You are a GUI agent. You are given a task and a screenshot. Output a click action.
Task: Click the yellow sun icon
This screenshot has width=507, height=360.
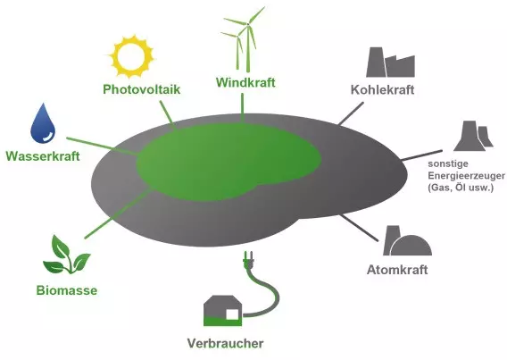(131, 57)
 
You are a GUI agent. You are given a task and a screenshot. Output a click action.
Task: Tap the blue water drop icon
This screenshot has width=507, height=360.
(43, 123)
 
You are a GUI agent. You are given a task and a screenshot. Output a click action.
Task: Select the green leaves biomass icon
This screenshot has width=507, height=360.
(66, 255)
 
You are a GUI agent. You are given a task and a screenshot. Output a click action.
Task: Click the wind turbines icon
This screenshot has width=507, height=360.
(243, 38)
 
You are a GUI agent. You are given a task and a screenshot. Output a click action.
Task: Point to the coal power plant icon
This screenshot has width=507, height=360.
(390, 63)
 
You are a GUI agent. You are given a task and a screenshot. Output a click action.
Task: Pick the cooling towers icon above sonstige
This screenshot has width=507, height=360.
(473, 136)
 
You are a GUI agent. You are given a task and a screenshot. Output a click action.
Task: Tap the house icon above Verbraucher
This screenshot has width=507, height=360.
(223, 311)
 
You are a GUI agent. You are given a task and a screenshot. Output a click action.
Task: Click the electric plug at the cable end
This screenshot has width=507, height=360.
(248, 259)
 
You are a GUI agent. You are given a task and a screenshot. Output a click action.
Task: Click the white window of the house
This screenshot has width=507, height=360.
(232, 314)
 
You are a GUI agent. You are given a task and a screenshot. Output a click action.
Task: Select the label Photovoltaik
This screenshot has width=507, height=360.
(142, 89)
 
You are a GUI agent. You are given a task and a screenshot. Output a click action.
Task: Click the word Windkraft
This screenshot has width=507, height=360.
(245, 82)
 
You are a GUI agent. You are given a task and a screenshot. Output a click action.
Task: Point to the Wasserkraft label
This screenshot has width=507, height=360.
(43, 156)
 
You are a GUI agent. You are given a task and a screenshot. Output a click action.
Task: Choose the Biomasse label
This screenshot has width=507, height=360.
(67, 290)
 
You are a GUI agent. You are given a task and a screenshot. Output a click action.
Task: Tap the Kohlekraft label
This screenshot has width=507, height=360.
(383, 89)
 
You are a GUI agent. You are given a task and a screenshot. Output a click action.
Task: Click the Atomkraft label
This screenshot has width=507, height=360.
(397, 270)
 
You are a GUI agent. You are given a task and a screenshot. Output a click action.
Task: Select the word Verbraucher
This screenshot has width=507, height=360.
(225, 343)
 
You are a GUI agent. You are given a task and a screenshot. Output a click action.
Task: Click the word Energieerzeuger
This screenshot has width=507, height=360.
(466, 176)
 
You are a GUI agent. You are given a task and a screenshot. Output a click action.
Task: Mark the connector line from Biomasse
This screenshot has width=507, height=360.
(119, 214)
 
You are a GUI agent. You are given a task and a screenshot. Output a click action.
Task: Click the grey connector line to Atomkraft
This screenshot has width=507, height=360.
(359, 228)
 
